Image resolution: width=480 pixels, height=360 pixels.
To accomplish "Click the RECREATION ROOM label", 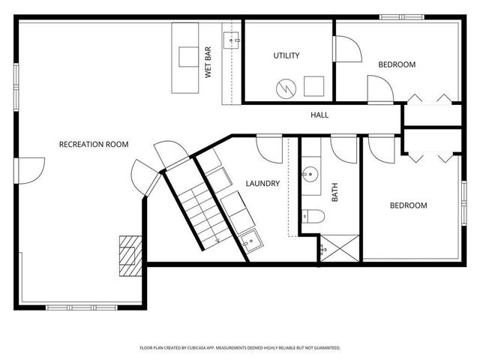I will (94, 144).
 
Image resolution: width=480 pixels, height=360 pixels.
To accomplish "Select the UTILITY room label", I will (286, 55).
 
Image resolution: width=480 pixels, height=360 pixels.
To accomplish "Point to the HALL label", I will (319, 115).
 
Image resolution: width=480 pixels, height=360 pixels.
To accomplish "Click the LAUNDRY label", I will (262, 183).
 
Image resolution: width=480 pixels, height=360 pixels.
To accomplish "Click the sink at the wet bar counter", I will (231, 37).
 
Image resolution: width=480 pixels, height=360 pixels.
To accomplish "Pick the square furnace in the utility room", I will (313, 85).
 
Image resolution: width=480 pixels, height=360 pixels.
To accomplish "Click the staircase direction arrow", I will (215, 238).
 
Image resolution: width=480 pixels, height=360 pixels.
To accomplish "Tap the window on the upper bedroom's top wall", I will (402, 17).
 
